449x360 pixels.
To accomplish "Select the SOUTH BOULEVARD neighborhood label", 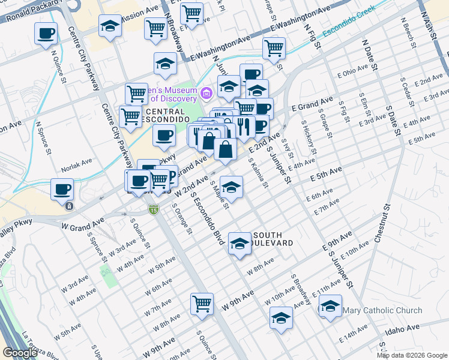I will tap(273, 239).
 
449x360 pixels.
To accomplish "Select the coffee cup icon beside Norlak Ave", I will tap(62, 190).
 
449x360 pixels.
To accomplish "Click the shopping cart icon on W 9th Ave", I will tap(202, 303).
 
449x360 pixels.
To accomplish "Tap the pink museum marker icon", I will tap(207, 92).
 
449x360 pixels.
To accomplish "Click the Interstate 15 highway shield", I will tap(153, 209).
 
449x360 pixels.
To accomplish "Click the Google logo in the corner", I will tap(20, 353).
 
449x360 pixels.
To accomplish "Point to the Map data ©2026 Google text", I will tap(411, 355).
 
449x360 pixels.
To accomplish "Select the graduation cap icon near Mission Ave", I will tap(110, 26).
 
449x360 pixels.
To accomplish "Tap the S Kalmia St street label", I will tap(257, 172).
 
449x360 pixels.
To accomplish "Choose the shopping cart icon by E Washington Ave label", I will tap(274, 47).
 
